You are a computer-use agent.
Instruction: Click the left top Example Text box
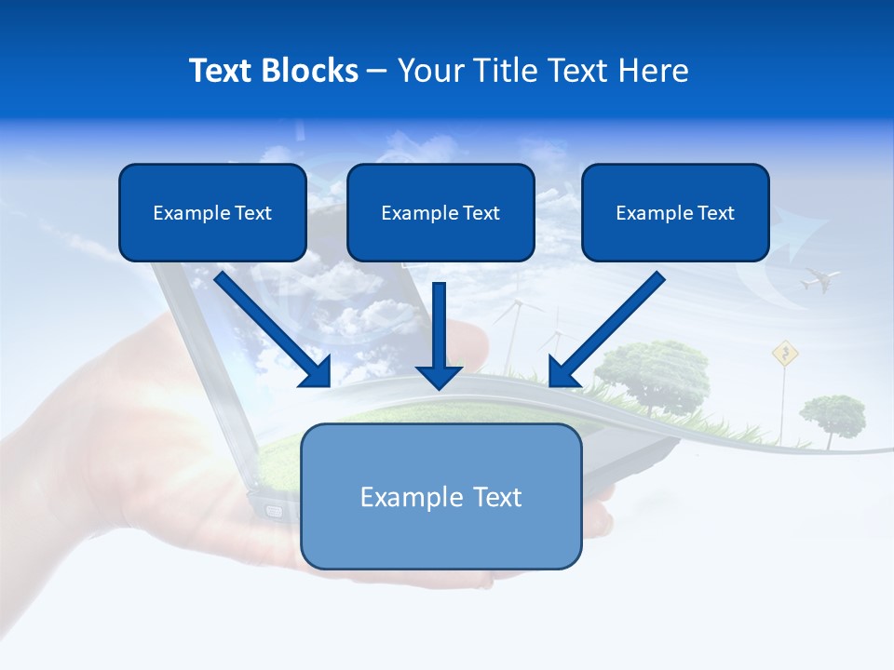[212, 212]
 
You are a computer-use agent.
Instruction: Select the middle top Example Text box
[440, 212]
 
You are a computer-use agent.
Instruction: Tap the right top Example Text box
[675, 212]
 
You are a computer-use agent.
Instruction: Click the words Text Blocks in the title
[273, 71]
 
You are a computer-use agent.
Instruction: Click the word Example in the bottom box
[399, 497]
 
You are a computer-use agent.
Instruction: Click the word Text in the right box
[716, 212]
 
